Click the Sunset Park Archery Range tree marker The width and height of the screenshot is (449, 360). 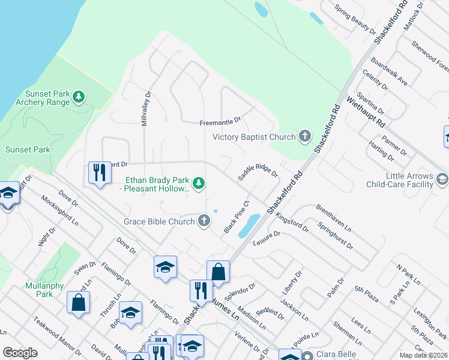[x=78, y=97]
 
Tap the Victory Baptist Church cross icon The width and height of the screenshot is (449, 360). [x=305, y=137]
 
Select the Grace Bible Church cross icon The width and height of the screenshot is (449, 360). [x=204, y=221]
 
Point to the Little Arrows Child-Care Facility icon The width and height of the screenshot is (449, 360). [x=442, y=179]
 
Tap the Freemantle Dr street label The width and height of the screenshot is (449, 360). [x=220, y=122]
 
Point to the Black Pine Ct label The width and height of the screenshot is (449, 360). [x=236, y=218]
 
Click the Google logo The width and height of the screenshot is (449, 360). [x=20, y=353]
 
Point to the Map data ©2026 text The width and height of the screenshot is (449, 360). [x=423, y=355]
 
